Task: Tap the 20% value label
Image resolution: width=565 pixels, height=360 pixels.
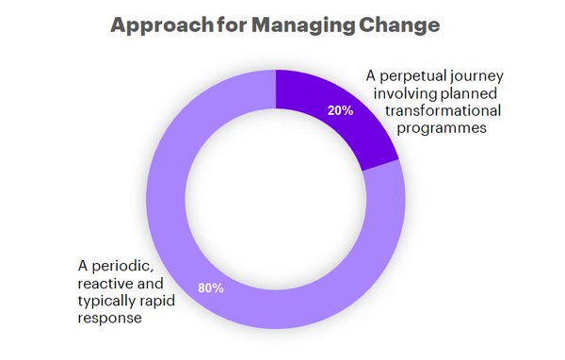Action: [x=340, y=110]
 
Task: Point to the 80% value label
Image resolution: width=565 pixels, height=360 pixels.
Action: [x=210, y=287]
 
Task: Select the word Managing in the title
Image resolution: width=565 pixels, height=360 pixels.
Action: [x=298, y=26]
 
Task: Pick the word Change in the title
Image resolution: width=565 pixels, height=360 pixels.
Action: [x=401, y=26]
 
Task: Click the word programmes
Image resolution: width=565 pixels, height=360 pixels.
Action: [x=439, y=128]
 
